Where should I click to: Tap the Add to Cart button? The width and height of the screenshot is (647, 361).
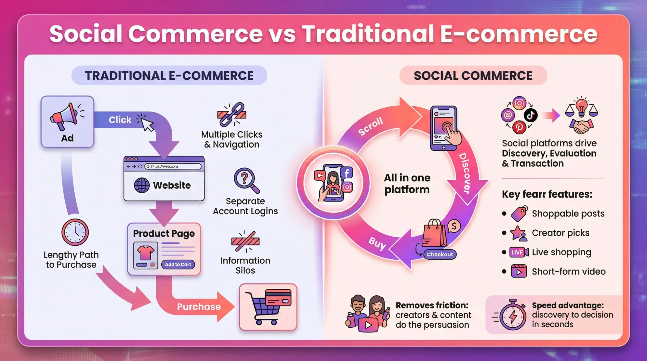178,264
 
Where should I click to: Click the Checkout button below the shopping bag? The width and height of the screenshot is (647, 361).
440,254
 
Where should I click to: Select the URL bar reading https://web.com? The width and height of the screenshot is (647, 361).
173,166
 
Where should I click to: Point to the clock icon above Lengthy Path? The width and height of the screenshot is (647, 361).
75,232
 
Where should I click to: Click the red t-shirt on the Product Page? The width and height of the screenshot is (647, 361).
145,252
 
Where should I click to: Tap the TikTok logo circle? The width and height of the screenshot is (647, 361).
530,115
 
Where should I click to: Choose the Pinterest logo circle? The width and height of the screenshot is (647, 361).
519,127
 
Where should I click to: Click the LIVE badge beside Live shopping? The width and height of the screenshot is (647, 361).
517,252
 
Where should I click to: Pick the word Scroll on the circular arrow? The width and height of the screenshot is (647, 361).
371,126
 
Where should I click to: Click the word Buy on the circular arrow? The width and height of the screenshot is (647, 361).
377,243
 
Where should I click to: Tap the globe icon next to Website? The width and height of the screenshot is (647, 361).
142,185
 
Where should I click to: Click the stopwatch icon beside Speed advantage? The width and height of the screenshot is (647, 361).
512,316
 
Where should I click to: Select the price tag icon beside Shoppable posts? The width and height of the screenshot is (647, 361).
519,214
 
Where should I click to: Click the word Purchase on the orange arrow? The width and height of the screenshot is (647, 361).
199,307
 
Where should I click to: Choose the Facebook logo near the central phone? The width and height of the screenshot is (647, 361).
346,173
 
